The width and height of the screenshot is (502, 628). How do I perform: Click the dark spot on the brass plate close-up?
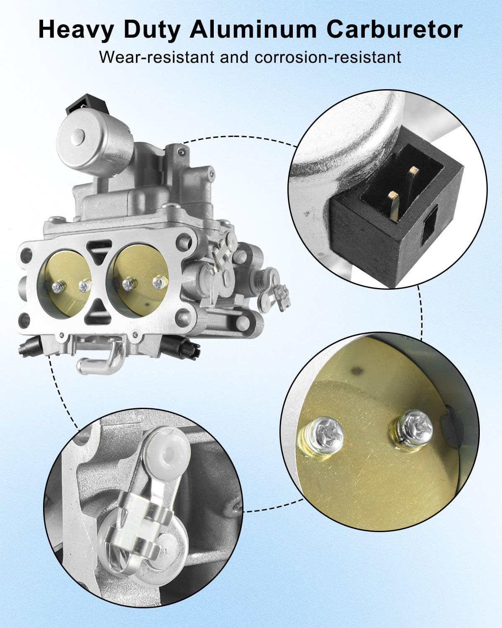(x=356, y=370)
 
